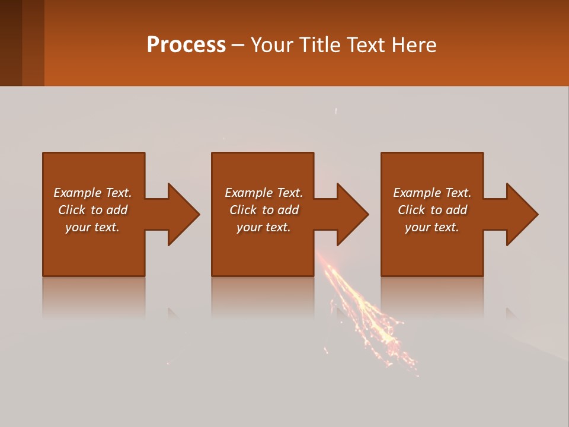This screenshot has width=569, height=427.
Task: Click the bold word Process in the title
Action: tap(186, 45)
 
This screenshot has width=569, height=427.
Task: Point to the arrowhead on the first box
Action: tap(181, 214)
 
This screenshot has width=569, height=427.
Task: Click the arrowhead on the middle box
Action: tap(351, 214)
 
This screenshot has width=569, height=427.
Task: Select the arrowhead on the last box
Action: tap(520, 214)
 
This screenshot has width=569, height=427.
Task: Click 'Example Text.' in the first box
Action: tap(92, 193)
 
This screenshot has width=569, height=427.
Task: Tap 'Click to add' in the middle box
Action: tap(264, 210)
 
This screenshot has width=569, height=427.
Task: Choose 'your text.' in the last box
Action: tap(431, 227)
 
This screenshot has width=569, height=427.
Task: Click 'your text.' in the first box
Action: tap(92, 227)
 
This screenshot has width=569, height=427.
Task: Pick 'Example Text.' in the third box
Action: tap(431, 193)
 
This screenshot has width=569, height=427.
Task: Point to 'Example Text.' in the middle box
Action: tap(264, 193)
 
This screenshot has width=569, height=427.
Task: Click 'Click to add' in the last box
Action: tap(432, 210)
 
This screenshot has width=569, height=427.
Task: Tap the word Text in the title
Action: tap(365, 45)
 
